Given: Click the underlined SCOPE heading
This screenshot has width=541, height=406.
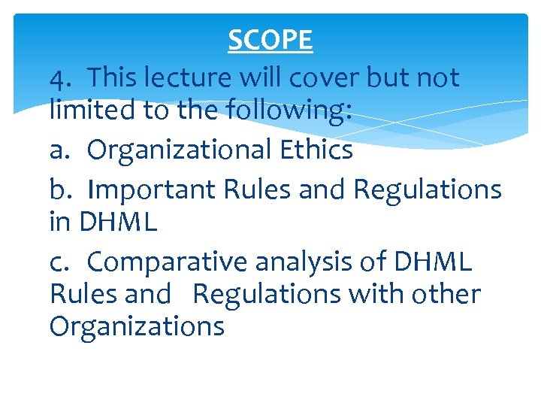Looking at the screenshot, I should coord(270,41).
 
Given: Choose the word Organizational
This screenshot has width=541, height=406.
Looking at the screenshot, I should coord(174,150).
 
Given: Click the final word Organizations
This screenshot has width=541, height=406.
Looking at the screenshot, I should coord(137,326).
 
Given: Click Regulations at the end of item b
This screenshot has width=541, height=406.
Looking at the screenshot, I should coord(427,189).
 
